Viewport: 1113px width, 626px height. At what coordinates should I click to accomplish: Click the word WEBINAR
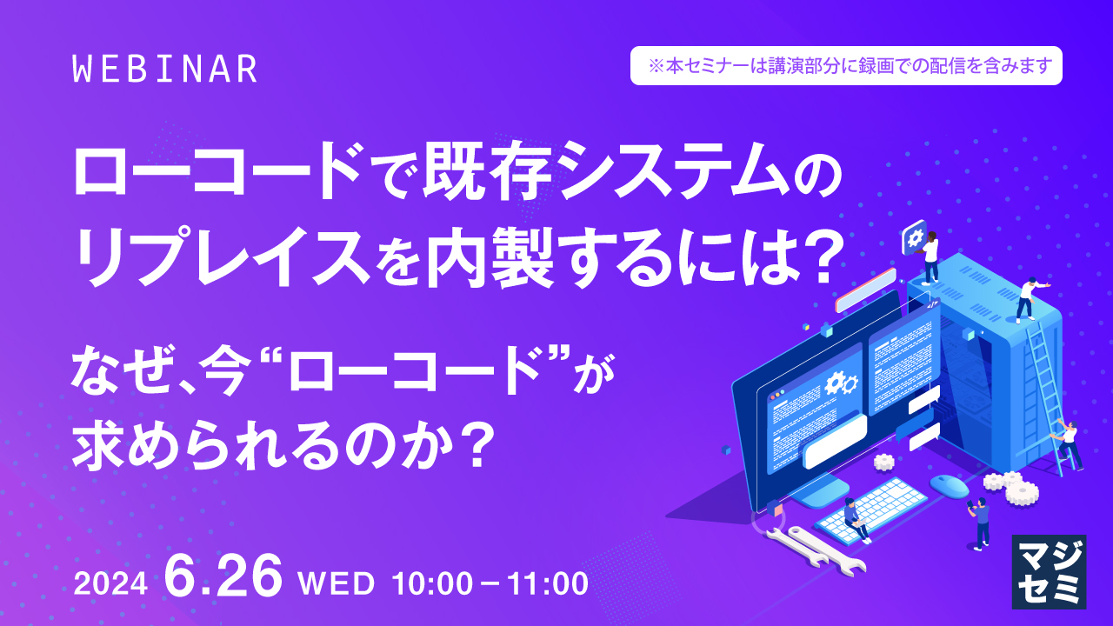[165, 70]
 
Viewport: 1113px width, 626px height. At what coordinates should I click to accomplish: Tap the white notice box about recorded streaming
[846, 65]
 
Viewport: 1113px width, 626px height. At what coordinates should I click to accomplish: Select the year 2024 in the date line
[110, 585]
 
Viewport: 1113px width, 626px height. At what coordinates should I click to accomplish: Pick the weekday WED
[336, 583]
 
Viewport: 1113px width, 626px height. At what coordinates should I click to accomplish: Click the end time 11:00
[545, 583]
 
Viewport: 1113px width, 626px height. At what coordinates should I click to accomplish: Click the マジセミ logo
[1049, 570]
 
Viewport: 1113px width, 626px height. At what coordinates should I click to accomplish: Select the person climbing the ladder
[1068, 443]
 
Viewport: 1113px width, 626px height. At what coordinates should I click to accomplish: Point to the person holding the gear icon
[929, 257]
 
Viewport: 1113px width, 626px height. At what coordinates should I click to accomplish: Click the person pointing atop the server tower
[1028, 299]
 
